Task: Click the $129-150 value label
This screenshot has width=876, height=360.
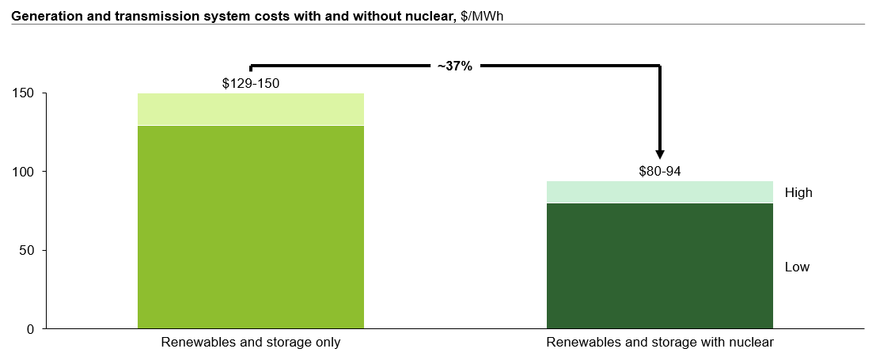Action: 250,83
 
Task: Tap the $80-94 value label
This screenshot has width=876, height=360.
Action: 659,171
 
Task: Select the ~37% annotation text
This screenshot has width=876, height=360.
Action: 454,67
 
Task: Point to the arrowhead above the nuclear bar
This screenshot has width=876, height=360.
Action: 660,154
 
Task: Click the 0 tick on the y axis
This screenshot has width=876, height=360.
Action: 31,328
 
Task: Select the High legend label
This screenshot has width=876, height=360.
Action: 798,192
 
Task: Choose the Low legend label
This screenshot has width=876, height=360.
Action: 797,267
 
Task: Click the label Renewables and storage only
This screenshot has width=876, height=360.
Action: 251,343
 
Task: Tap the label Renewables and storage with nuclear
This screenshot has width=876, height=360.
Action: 659,343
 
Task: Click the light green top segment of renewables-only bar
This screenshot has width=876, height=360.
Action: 250,109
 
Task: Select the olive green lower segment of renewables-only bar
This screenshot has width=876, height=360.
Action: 250,226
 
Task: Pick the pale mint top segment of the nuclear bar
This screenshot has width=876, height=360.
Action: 659,192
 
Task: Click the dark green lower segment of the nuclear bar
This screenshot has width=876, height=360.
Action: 659,265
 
